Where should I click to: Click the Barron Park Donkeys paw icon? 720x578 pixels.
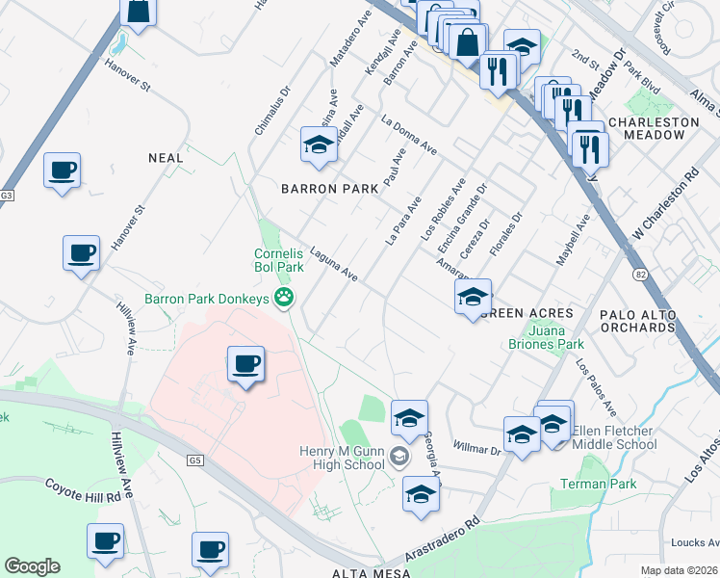pos(284,299)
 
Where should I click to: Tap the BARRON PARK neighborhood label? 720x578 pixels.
pos(329,189)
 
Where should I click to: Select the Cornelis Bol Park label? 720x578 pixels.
pos(279,260)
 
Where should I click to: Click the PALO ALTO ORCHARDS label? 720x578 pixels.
pos(651,321)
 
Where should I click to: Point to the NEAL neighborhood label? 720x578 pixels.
pos(166,156)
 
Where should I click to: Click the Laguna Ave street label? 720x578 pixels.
pos(334,263)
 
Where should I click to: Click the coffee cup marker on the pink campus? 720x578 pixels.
pos(245,363)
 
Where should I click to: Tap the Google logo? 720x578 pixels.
pos(32,566)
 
